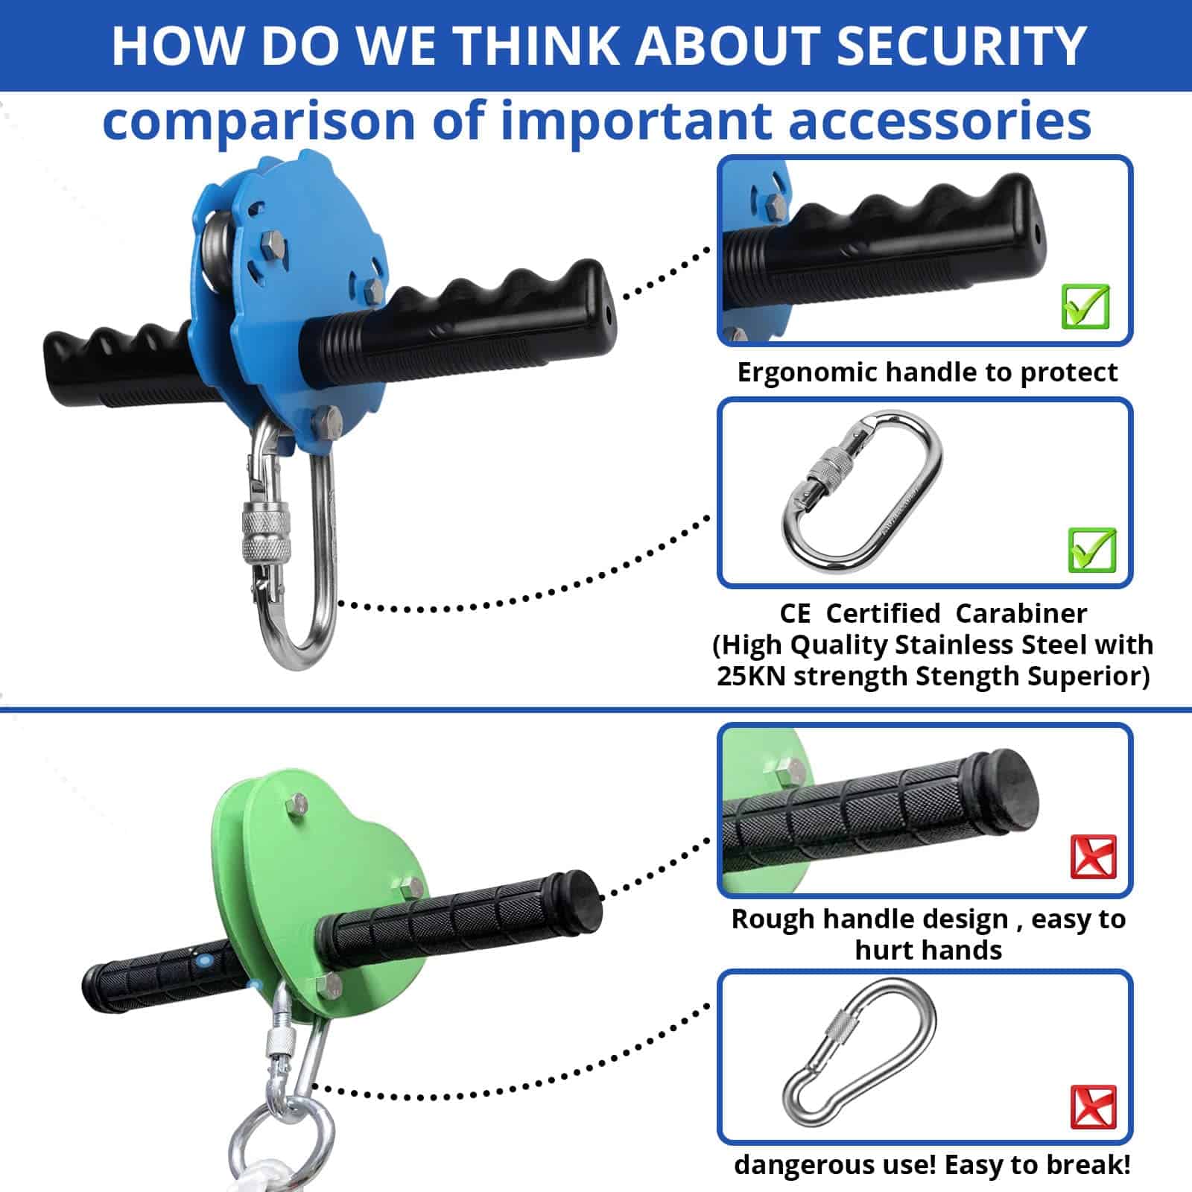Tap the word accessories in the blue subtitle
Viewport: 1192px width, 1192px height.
click(940, 121)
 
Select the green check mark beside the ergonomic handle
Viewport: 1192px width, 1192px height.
click(1085, 306)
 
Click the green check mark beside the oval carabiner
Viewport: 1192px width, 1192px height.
click(1092, 550)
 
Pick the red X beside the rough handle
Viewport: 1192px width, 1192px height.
click(1093, 857)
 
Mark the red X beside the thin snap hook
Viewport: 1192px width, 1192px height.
click(1093, 1107)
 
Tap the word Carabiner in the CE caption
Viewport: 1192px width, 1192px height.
click(1021, 613)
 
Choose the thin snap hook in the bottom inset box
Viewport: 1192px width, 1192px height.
click(859, 1058)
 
